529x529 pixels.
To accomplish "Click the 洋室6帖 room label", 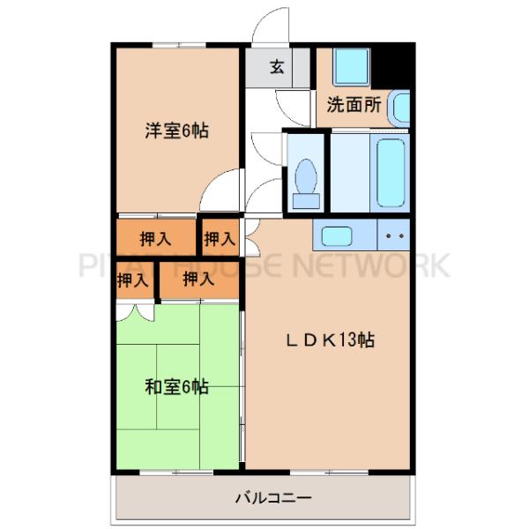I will tap(176, 132).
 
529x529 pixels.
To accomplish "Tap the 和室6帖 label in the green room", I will tap(176, 385).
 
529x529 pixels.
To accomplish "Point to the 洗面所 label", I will tap(354, 104).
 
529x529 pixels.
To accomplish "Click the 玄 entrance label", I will tap(277, 67).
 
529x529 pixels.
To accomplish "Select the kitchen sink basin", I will tap(336, 235).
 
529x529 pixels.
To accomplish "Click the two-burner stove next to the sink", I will tap(394, 235).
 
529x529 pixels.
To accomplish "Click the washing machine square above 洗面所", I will tap(349, 66).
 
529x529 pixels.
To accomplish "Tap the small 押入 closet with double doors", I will tap(132, 282).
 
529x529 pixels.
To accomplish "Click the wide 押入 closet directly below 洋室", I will tap(156, 237).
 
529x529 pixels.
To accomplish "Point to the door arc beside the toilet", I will tap(264, 150).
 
